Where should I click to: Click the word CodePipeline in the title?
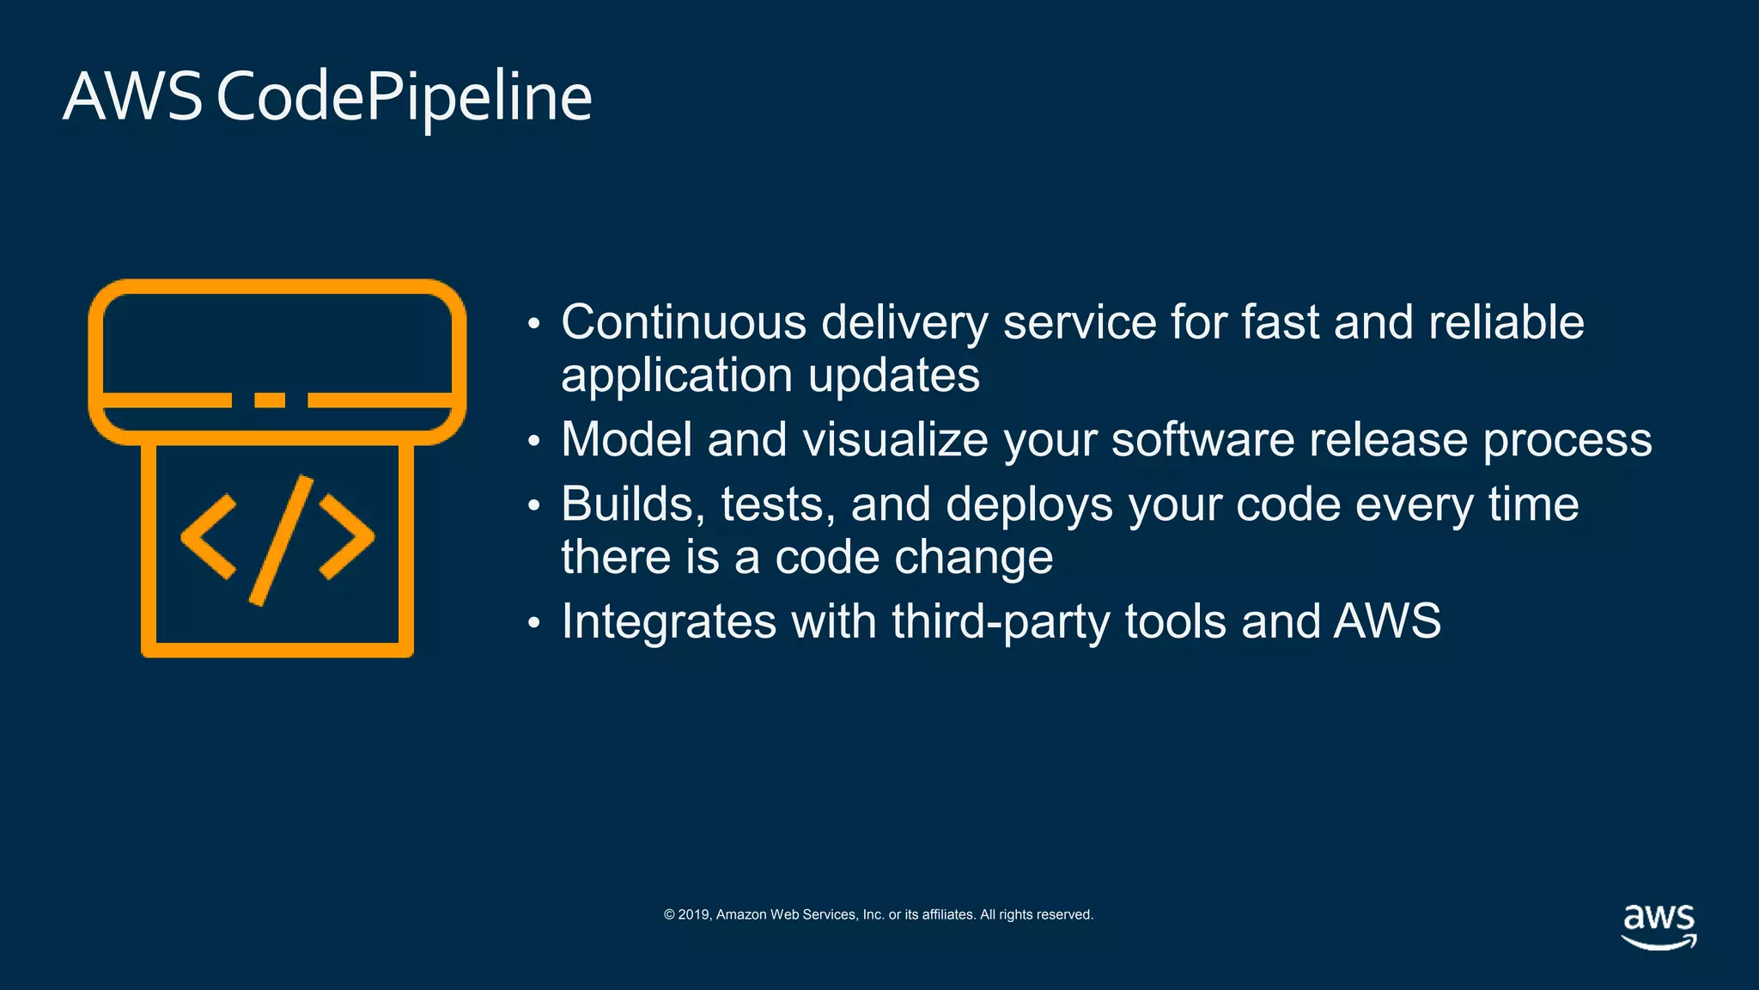pos(404,97)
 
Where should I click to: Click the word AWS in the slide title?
pos(132,97)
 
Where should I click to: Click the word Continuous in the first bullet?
pos(684,322)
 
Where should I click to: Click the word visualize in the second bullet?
pos(895,439)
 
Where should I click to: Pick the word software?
pos(1202,439)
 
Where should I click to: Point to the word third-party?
pos(1001,621)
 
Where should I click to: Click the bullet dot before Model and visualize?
pos(533,442)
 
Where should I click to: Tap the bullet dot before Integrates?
pos(533,623)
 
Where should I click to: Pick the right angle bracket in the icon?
pos(347,537)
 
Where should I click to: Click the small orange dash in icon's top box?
pos(270,400)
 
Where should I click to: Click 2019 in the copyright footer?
pos(694,914)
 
